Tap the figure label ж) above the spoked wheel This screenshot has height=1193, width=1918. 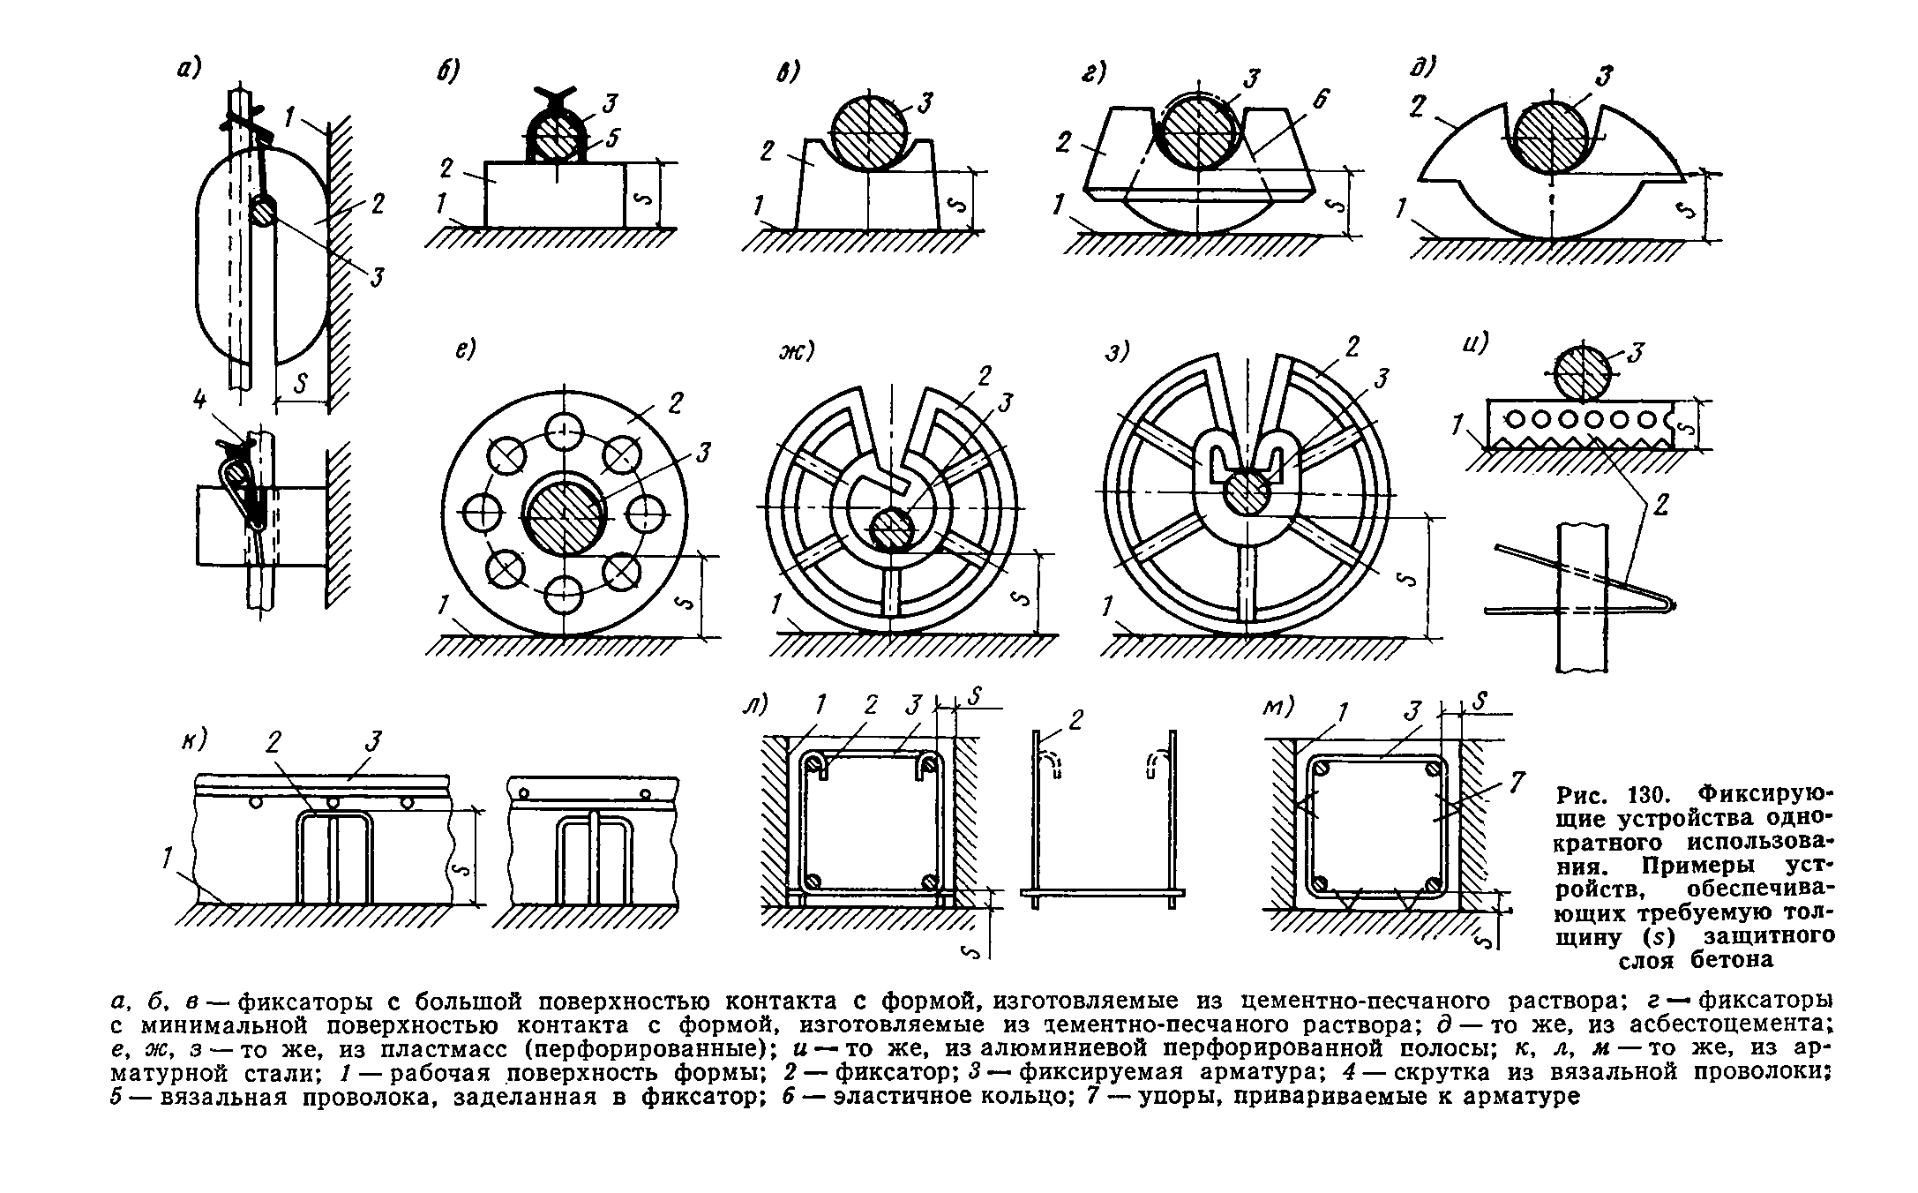pos(793,352)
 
